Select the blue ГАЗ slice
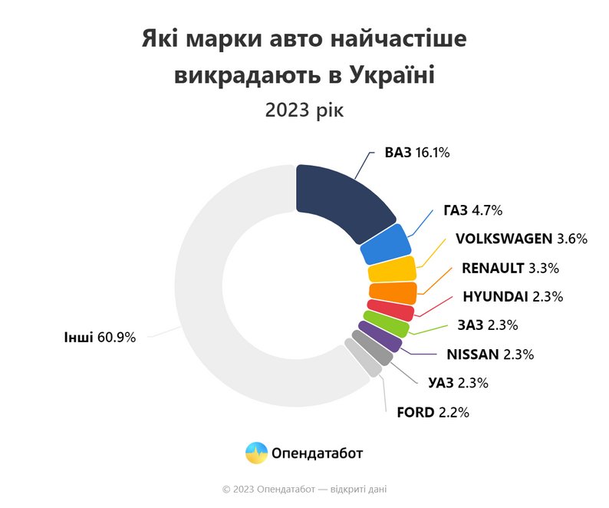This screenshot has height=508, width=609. click(x=385, y=244)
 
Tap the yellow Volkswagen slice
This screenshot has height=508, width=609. click(x=392, y=270)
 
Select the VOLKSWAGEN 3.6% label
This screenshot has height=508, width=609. click(x=521, y=239)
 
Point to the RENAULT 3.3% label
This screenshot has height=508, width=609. click(x=510, y=268)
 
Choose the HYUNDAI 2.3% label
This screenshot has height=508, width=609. click(x=513, y=296)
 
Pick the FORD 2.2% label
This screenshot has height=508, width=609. click(x=433, y=412)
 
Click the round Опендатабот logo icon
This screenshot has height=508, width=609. click(x=256, y=453)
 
